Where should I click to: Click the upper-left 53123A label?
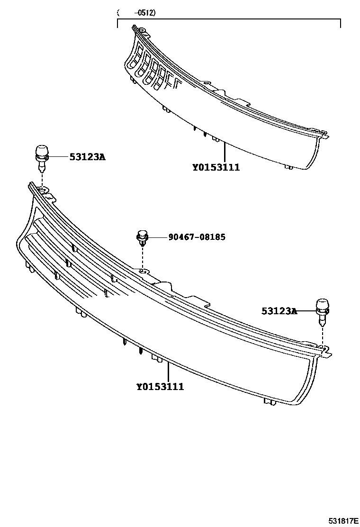click(x=87, y=156)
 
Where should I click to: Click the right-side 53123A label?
click(x=279, y=311)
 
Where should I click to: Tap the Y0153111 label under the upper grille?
click(x=216, y=167)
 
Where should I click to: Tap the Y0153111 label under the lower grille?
click(x=160, y=387)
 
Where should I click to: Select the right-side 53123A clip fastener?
click(x=322, y=310)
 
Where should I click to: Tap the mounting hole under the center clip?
click(x=143, y=272)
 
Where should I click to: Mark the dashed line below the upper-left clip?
click(x=42, y=180)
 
